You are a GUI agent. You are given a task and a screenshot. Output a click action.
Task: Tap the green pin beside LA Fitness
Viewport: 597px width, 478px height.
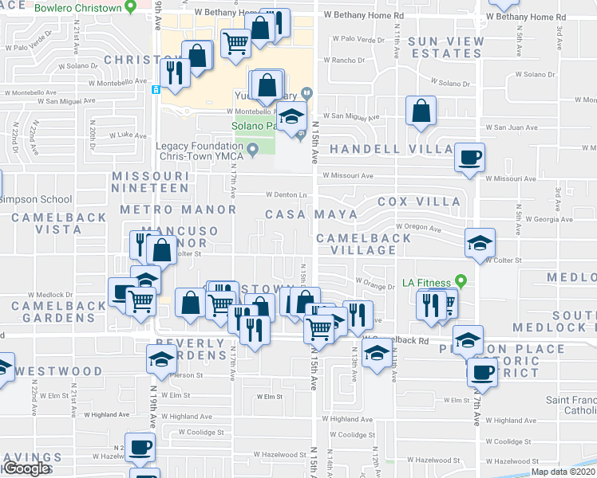461,282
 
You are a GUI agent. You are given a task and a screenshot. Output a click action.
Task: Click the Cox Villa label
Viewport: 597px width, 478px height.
419,202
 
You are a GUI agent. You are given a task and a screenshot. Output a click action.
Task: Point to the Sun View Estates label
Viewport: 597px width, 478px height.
445,47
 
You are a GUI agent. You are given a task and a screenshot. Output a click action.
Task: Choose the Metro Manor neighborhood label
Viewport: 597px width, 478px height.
177,210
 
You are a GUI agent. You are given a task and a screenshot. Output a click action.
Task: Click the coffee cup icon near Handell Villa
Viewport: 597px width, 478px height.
469,156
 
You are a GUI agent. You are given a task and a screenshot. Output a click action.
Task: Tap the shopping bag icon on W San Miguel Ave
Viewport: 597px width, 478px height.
421,112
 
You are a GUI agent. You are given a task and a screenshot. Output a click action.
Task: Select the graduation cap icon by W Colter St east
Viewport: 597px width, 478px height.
480,243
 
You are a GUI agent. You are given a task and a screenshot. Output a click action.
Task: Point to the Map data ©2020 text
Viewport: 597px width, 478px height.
563,472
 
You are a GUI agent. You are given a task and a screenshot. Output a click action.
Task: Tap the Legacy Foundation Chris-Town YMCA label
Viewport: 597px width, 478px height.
200,151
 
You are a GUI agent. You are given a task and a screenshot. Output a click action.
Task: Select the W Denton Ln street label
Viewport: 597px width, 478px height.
287,195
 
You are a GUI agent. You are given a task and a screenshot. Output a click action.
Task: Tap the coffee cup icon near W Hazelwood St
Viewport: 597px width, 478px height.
140,449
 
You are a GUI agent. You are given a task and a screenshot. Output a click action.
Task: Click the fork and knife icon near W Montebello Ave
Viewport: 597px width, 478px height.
173,72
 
